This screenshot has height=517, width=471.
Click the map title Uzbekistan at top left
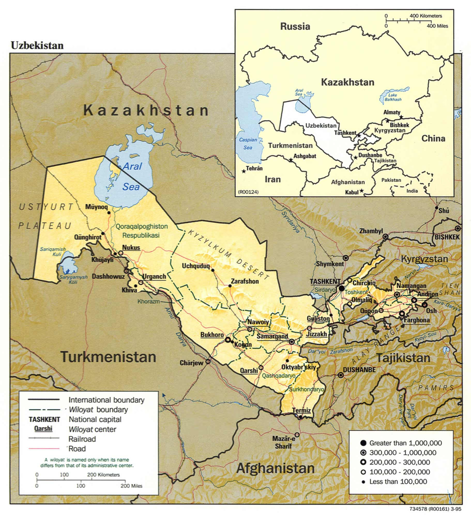[37, 45]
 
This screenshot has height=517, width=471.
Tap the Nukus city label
[131, 247]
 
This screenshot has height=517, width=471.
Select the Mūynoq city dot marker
[109, 213]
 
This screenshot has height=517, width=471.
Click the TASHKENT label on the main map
[325, 281]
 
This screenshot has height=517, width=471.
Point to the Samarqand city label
[272, 336]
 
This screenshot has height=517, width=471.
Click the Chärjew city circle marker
[208, 362]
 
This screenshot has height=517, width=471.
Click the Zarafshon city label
[245, 281]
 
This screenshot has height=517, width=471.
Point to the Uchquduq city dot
[213, 270]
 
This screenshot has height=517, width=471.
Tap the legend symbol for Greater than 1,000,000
[363, 443]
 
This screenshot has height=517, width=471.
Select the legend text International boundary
[106, 400]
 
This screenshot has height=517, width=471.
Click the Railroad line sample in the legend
[44, 438]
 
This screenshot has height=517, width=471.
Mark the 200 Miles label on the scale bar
[131, 486]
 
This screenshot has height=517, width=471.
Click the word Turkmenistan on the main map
[108, 357]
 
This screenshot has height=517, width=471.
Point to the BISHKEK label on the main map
[447, 237]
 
